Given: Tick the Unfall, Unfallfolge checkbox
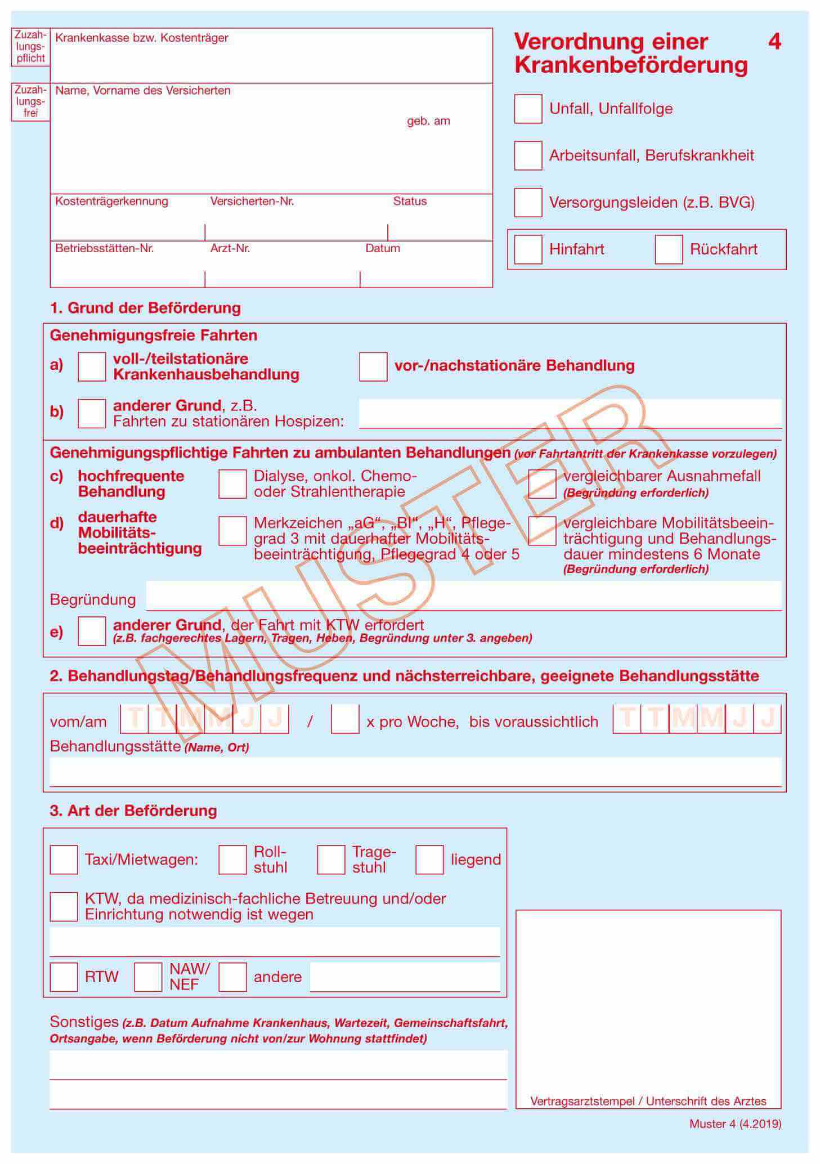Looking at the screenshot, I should (528, 109).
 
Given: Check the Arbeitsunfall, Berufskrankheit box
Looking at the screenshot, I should (528, 155).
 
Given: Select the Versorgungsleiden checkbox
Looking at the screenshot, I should (528, 203).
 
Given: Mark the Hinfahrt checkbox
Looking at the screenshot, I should (528, 249).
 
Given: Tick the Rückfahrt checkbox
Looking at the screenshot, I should (669, 249).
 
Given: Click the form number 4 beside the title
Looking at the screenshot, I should (774, 42).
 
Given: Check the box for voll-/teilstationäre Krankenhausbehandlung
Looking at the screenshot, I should (92, 366).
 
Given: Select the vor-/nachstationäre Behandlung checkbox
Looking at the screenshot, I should (373, 366).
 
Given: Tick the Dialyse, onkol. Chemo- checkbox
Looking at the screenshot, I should (232, 484).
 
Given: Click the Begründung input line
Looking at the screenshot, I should (463, 596).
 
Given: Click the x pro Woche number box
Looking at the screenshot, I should (345, 719).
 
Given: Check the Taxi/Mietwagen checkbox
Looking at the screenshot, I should (64, 859).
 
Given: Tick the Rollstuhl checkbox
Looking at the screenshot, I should (232, 859).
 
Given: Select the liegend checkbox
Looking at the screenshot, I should (429, 859).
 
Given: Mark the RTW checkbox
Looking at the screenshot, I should (64, 977).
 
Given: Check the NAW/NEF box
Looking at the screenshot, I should (148, 977).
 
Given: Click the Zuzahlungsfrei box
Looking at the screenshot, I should (30, 102).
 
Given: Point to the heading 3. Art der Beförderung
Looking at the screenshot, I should (133, 811).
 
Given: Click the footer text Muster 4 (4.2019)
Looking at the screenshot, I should (735, 1124).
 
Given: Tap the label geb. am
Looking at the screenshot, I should (428, 121).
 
